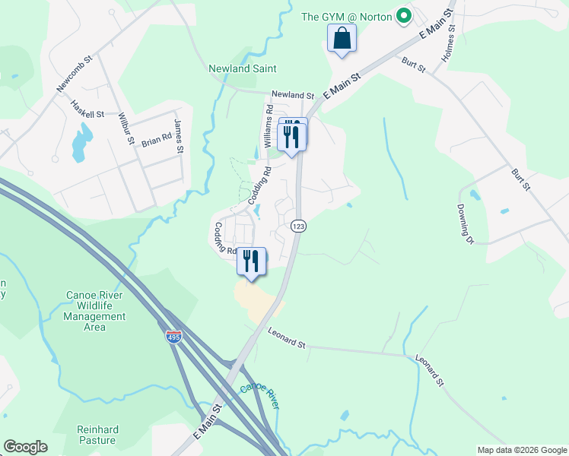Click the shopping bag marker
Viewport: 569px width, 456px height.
(342, 38)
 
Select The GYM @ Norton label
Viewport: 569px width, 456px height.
(346, 16)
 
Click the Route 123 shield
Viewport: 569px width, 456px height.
(297, 226)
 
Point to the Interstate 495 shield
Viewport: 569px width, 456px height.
(174, 337)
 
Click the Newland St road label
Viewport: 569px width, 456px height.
(293, 95)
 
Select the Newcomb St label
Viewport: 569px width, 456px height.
(74, 74)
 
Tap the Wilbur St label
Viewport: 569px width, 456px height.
(126, 128)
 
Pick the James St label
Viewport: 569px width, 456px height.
(180, 135)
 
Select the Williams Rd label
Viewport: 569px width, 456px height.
(267, 125)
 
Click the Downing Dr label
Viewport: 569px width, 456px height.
(466, 223)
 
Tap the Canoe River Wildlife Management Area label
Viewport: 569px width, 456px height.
(95, 311)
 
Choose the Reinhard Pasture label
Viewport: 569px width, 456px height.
(97, 435)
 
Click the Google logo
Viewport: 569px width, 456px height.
(25, 447)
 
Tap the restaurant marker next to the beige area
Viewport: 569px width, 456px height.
(252, 261)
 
